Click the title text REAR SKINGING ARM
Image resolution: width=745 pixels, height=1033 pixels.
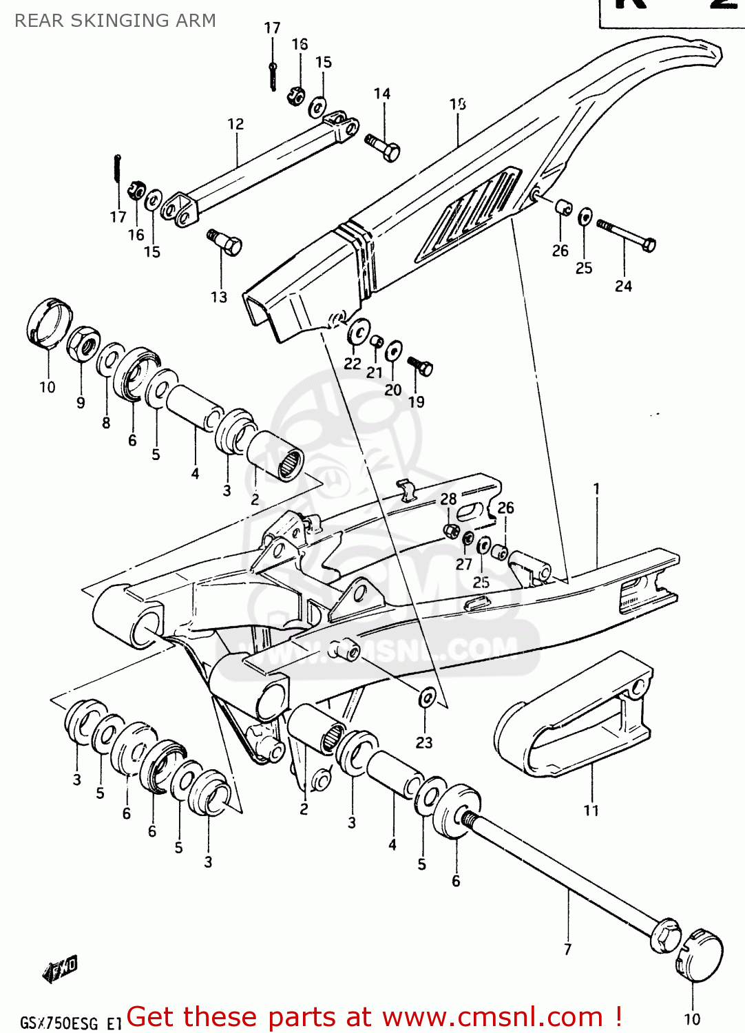115,21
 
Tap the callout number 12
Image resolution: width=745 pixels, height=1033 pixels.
235,124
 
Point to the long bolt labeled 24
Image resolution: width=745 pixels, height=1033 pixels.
627,235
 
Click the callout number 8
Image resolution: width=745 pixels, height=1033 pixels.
106,423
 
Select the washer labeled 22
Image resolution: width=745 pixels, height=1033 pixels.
358,333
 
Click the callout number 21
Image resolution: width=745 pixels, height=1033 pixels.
374,373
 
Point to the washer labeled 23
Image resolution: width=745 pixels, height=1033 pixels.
427,698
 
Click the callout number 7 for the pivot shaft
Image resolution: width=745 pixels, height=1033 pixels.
567,949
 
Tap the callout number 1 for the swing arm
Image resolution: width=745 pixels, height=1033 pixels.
596,488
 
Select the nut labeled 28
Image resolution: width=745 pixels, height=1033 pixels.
451,530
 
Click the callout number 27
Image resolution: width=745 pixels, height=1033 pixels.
463,564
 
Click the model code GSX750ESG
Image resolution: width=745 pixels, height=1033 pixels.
60,1022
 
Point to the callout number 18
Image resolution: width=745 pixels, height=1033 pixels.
458,104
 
